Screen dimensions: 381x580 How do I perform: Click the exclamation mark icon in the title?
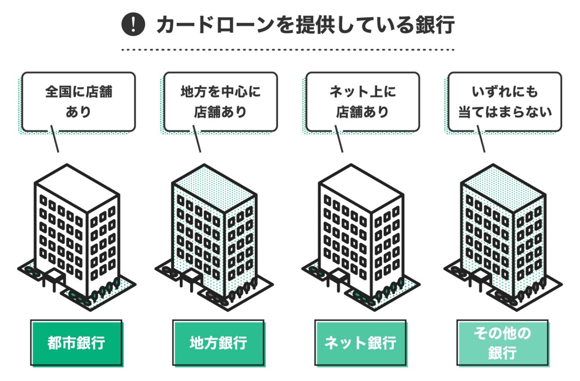(x=133, y=24)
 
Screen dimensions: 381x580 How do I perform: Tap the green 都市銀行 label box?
(x=76, y=343)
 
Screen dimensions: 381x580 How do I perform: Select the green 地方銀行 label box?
(x=218, y=343)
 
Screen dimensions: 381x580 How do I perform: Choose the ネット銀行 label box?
(x=360, y=343)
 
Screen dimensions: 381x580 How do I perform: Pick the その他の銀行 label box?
(x=502, y=343)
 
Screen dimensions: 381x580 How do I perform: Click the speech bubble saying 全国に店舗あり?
(x=78, y=102)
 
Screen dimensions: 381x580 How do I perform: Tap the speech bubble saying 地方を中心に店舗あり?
(x=220, y=102)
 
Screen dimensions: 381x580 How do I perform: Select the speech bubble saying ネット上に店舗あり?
(x=362, y=102)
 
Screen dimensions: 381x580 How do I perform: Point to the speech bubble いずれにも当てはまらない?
(x=505, y=102)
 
